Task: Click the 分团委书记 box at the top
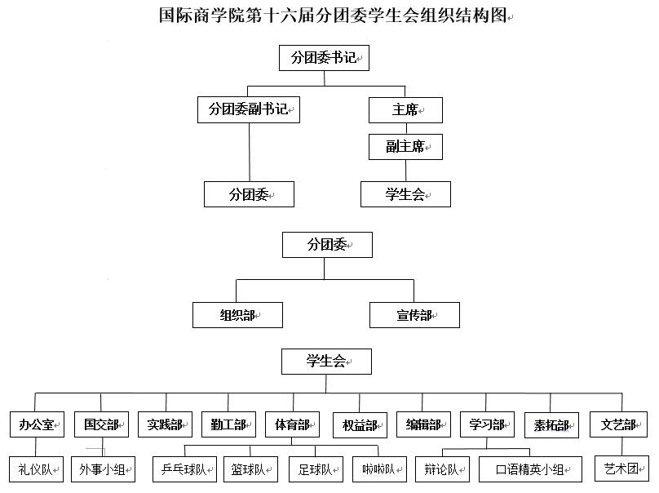(324, 58)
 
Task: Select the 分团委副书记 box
(249, 110)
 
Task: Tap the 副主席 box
(405, 147)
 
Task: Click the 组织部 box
(237, 315)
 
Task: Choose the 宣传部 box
(414, 315)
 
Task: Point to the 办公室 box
(37, 424)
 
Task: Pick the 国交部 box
(101, 424)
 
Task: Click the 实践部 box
(166, 424)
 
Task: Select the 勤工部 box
(228, 424)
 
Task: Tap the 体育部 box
(293, 424)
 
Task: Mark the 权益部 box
(360, 425)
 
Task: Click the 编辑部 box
(423, 424)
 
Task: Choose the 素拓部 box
(552, 425)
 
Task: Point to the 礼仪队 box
(36, 469)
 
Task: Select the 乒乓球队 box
(184, 469)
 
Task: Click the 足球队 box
(316, 469)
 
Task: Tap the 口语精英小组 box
(530, 469)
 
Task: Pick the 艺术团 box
(622, 469)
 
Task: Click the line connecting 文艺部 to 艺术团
(622, 446)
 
